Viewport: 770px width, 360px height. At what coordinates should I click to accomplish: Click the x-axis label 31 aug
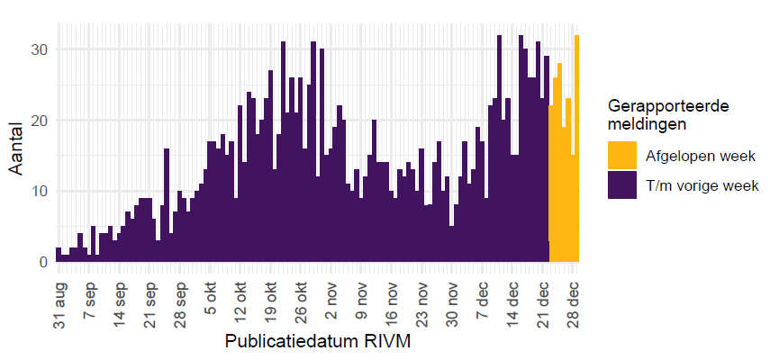pos(59,290)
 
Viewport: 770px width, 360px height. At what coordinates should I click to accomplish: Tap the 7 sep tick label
pos(90,290)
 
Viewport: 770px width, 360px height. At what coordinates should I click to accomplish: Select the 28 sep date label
pos(180,290)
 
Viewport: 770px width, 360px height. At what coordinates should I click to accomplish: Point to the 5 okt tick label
pos(211,290)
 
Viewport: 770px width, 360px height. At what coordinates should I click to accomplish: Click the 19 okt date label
pos(271,290)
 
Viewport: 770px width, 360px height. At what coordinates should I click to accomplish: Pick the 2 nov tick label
pos(331,290)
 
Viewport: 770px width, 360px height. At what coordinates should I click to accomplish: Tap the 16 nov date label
pos(392,290)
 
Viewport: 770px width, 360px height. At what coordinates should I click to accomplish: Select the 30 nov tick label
pos(453,290)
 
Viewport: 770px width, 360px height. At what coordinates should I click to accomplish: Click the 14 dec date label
pos(513,290)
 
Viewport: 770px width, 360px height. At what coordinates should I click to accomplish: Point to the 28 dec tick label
pos(574,290)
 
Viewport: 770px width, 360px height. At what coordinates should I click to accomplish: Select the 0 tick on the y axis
pos(43,262)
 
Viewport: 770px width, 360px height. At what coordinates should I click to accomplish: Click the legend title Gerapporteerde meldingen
pos(668,114)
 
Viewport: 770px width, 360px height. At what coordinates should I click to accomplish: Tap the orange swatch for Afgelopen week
pos(622,155)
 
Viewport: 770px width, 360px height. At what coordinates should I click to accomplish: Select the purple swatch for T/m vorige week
pos(622,186)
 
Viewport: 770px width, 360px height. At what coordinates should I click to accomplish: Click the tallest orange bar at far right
pos(577,148)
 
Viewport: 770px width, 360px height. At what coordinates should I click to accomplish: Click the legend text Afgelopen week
pos(699,156)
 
